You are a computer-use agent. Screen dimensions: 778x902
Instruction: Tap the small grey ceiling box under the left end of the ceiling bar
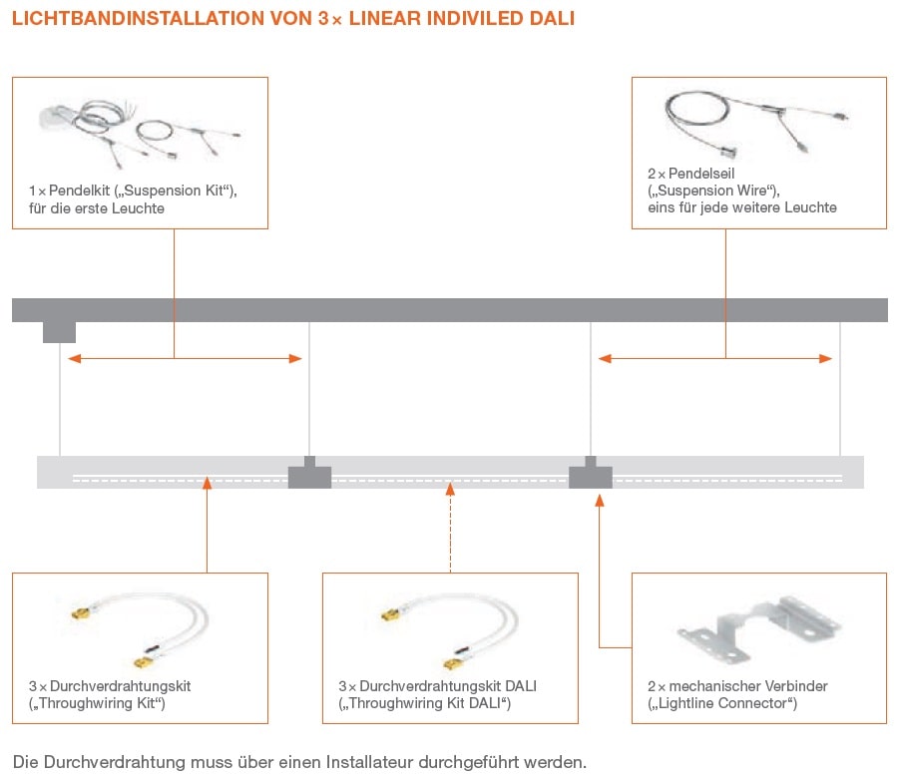tap(59, 331)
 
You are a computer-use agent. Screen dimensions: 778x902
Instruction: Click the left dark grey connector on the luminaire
tap(309, 474)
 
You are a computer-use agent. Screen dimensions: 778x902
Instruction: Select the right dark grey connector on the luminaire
tap(591, 474)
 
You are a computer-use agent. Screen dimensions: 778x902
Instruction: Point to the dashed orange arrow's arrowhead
tap(451, 489)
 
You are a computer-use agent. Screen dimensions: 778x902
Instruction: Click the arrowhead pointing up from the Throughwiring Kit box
tap(207, 484)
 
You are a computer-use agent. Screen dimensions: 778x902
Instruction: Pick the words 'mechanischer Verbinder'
tap(744, 686)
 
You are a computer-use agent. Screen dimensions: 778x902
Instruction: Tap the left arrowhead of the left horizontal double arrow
tap(72, 359)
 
